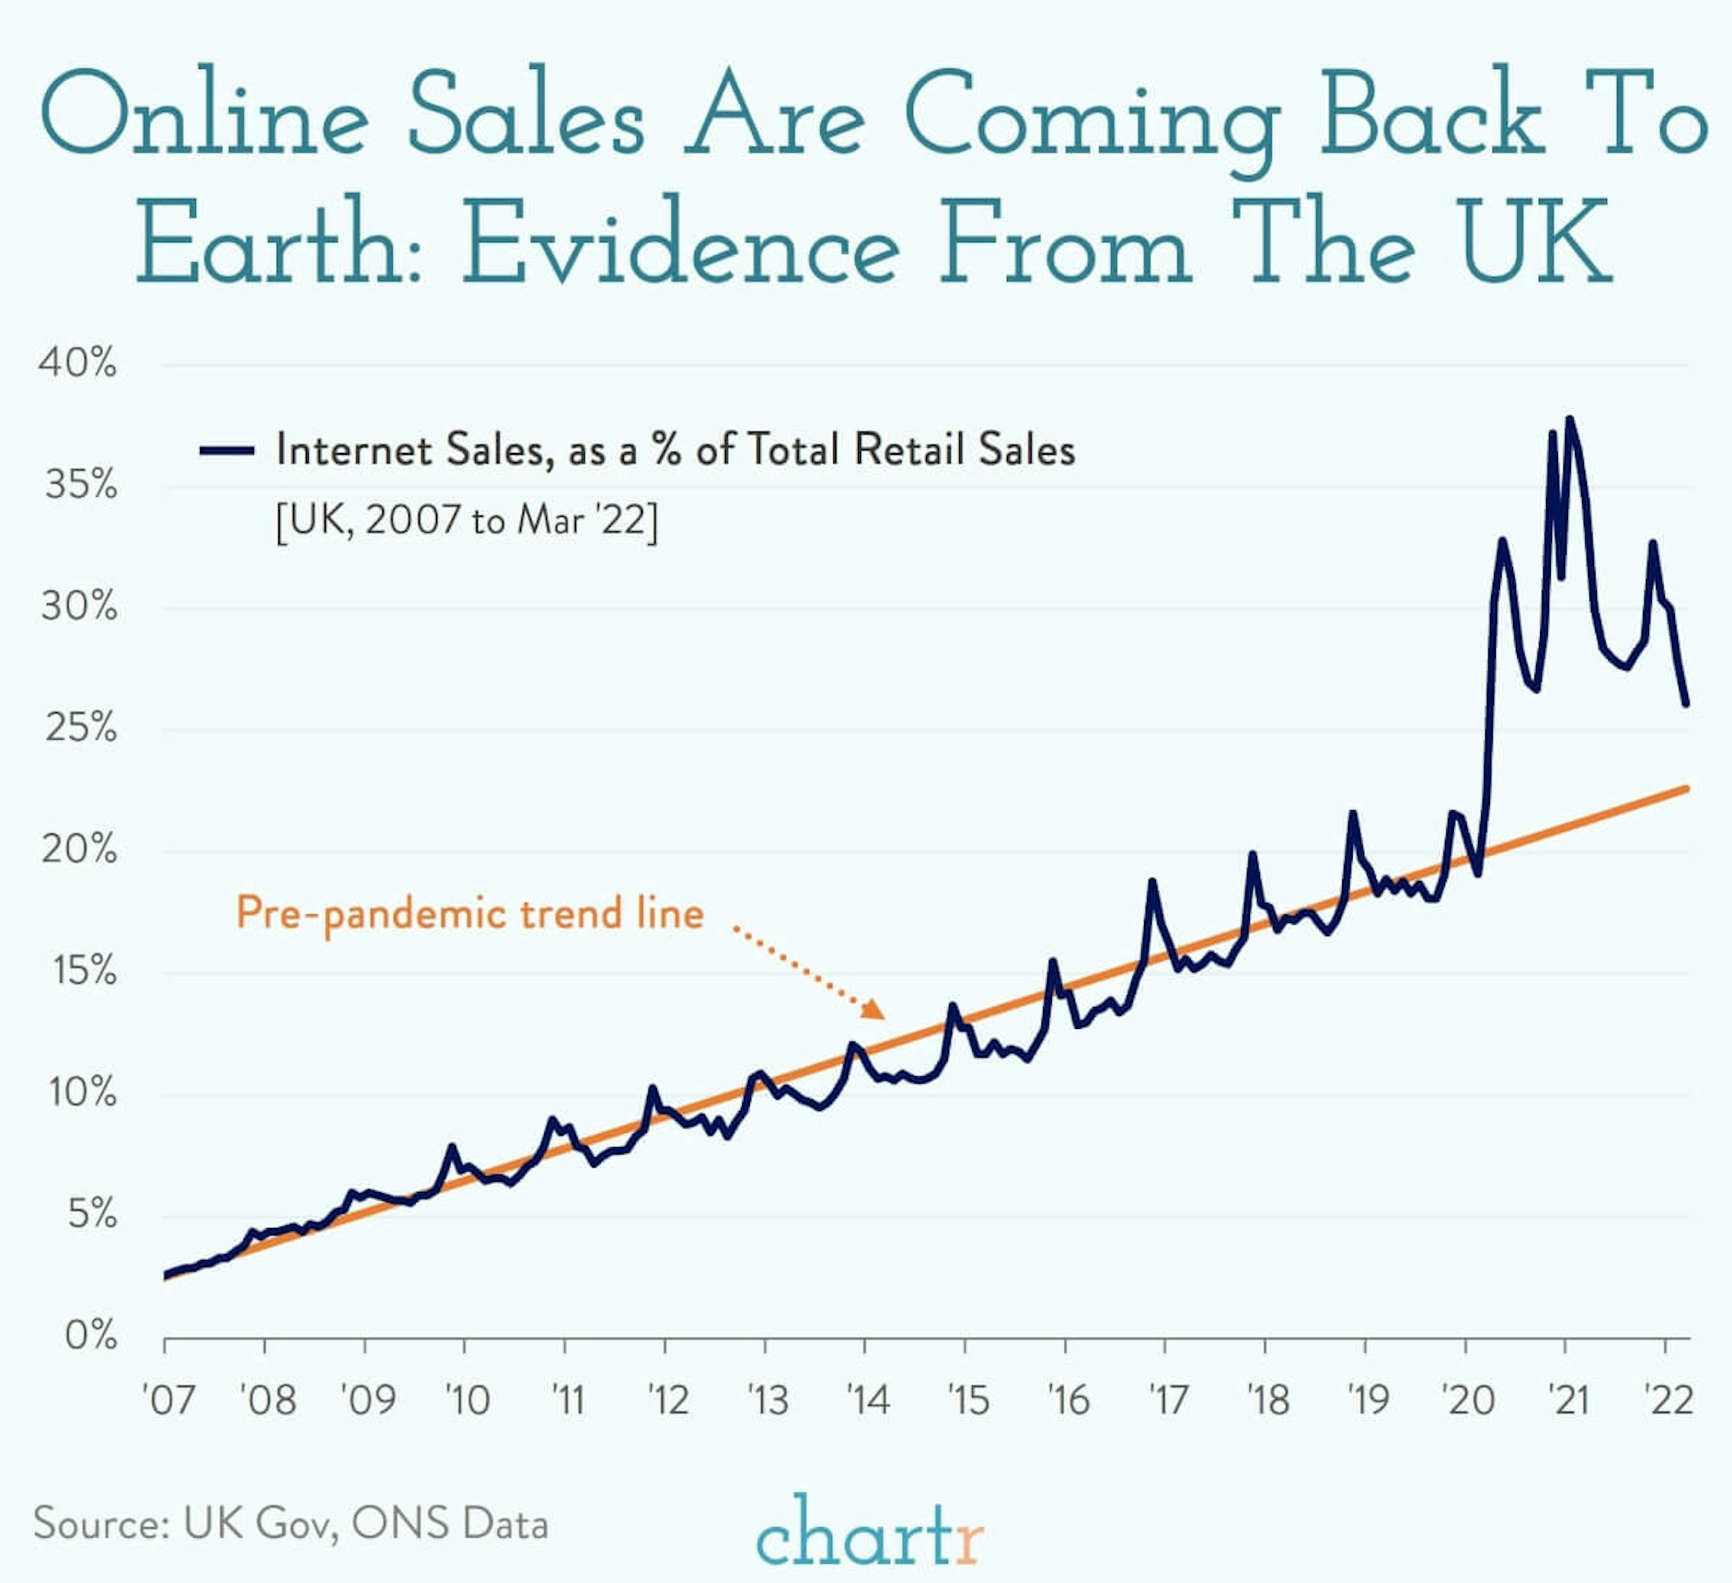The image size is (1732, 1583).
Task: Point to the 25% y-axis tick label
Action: [80, 728]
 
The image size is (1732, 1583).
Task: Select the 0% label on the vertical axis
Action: [90, 1336]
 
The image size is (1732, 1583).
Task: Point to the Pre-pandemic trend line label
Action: [470, 913]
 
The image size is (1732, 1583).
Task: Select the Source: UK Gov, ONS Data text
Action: [290, 1524]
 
